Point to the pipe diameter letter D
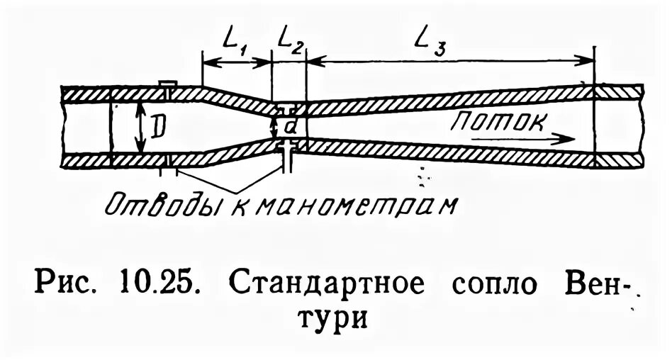(159, 127)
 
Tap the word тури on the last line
(335, 320)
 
